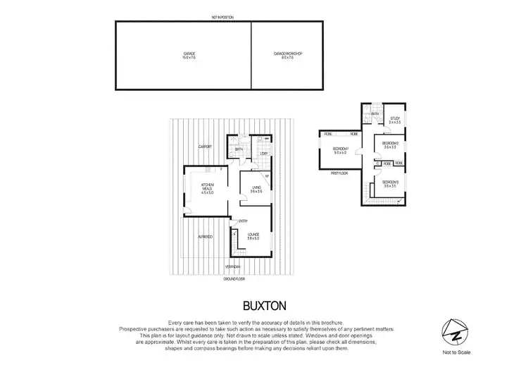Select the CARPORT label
coord(206,147)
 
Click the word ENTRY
coord(243,221)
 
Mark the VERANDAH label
coord(233,266)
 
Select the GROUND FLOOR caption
coord(234,279)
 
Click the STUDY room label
coord(394,120)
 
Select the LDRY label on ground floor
coord(264,153)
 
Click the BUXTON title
coord(263,307)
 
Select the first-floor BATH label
coord(375,113)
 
